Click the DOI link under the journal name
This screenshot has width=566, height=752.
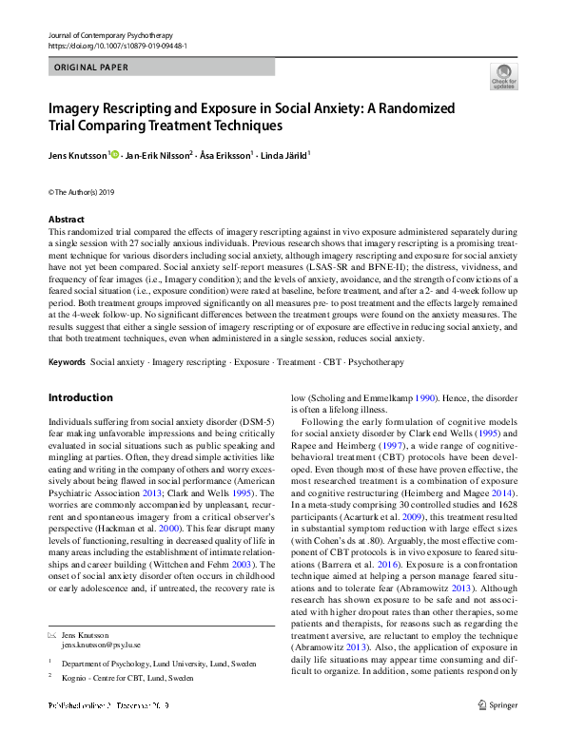116,45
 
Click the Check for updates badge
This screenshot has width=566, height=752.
503,76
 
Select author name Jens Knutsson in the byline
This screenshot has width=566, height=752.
78,154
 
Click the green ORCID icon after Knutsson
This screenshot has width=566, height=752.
115,154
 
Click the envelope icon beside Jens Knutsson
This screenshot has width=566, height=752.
52,634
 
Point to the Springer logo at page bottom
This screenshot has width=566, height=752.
498,732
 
